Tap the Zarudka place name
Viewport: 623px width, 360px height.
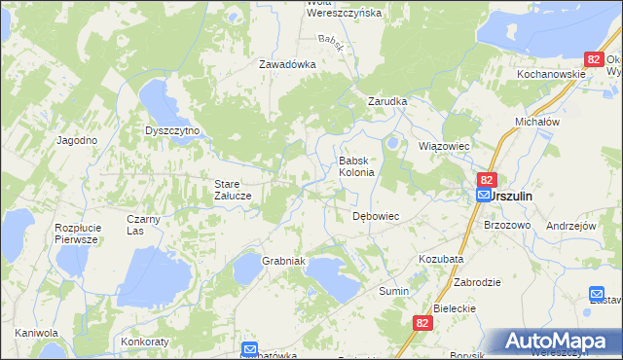pos(385,101)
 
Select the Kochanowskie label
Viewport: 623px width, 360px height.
pos(551,74)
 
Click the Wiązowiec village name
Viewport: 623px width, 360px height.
pos(444,146)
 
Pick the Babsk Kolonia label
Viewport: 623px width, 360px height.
pos(355,166)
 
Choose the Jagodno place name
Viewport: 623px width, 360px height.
pos(77,140)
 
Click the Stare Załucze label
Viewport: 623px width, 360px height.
pos(234,189)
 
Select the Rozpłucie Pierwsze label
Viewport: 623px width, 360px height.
pos(77,233)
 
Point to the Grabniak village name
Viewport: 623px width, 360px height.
pos(284,262)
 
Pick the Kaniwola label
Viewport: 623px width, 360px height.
pos(36,333)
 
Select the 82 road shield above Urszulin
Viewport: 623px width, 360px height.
pos(488,180)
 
